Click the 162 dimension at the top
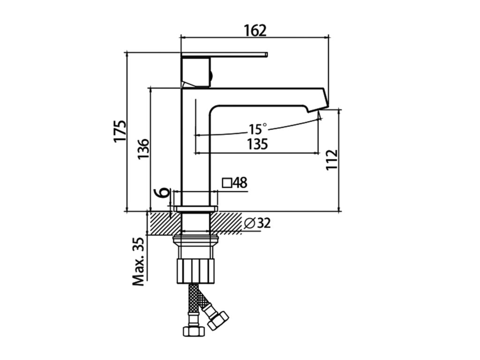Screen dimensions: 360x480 point(255,30)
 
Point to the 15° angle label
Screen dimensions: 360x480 point(257,128)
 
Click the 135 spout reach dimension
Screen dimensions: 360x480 point(257,144)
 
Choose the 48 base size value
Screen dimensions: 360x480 point(240,183)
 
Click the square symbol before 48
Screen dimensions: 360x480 point(227,183)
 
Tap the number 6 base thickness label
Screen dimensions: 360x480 point(162,192)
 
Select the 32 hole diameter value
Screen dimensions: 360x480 point(264,224)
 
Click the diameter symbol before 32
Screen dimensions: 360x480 point(249,224)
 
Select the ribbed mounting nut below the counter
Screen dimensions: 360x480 point(195,270)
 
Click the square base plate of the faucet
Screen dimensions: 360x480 point(195,208)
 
